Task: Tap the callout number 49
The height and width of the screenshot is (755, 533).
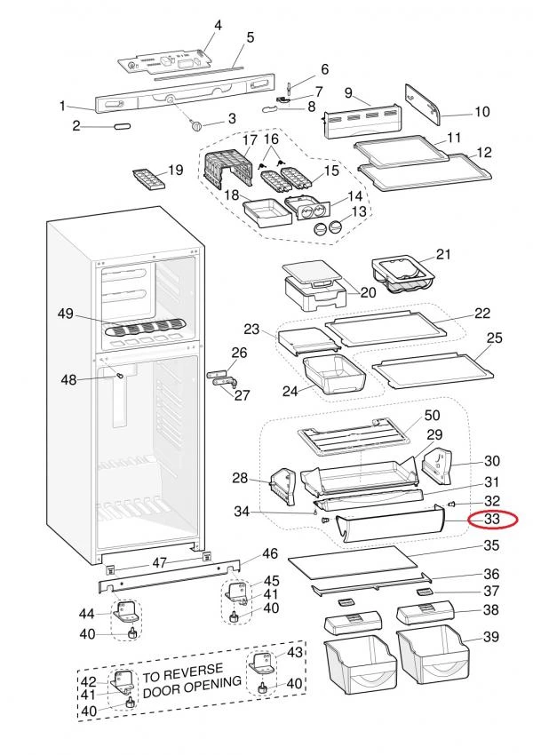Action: pyautogui.click(x=65, y=314)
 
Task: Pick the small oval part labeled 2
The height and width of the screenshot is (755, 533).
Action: pyautogui.click(x=121, y=128)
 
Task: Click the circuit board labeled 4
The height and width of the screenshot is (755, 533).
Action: pyautogui.click(x=169, y=60)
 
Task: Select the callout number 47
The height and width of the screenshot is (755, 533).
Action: pyautogui.click(x=159, y=561)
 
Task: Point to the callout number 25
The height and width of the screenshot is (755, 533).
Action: pyautogui.click(x=495, y=338)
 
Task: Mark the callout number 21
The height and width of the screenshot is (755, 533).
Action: pyautogui.click(x=442, y=255)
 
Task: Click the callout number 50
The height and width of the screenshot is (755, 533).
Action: pyautogui.click(x=432, y=416)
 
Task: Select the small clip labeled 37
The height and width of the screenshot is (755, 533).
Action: pyautogui.click(x=424, y=590)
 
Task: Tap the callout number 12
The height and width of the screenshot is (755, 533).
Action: pyautogui.click(x=483, y=153)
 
